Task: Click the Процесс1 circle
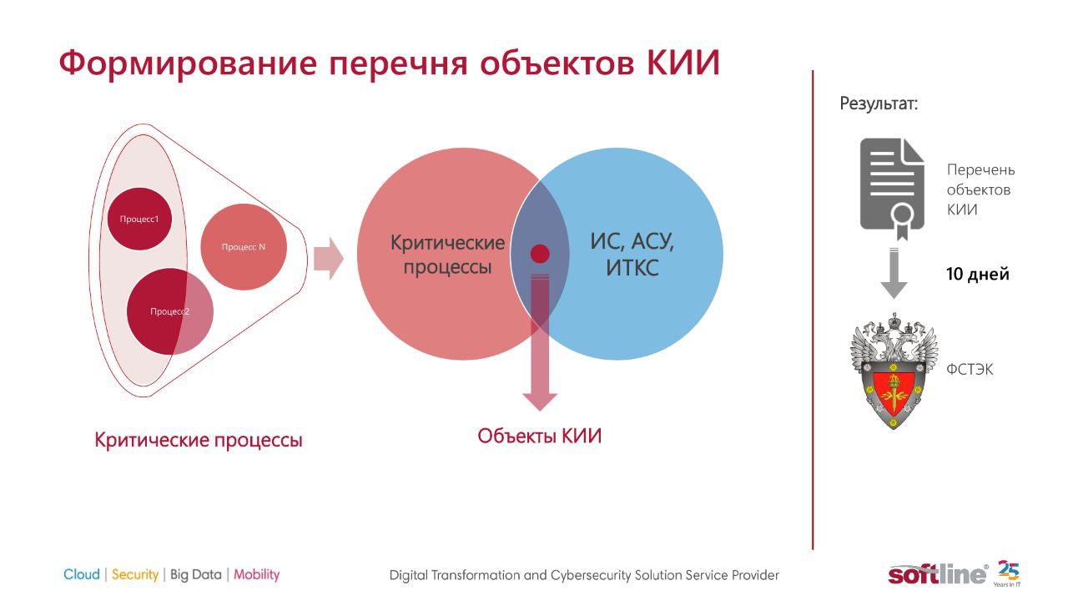[x=139, y=219]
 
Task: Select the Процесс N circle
[x=244, y=246]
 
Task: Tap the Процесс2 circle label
[x=169, y=311]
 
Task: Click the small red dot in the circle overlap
[x=540, y=254]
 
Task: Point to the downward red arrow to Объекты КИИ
[x=540, y=342]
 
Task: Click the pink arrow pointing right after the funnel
[x=329, y=259]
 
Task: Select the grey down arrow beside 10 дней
[x=894, y=273]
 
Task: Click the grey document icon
[x=892, y=189]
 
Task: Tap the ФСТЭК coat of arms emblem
[x=894, y=371]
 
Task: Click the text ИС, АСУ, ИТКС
[x=632, y=255]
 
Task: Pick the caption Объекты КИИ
[x=540, y=436]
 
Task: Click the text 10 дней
[x=977, y=275]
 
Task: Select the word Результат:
[x=879, y=104]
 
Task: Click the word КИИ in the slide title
[x=683, y=63]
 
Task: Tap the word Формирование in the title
[x=188, y=63]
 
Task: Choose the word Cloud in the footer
[x=82, y=574]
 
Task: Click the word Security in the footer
[x=135, y=575]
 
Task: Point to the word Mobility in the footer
[x=256, y=575]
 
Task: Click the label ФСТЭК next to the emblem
[x=970, y=369]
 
